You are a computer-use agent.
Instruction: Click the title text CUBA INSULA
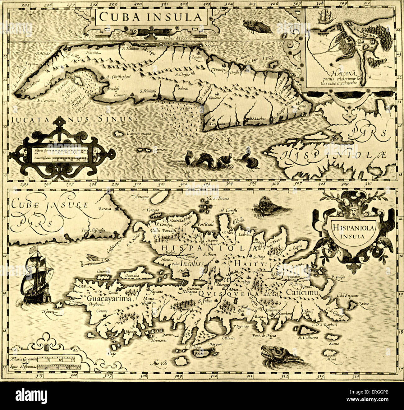point(150,17)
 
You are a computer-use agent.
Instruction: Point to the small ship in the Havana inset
point(324,16)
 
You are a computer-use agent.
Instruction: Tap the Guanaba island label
point(132,275)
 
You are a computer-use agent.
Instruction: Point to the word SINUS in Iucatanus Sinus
point(115,119)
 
